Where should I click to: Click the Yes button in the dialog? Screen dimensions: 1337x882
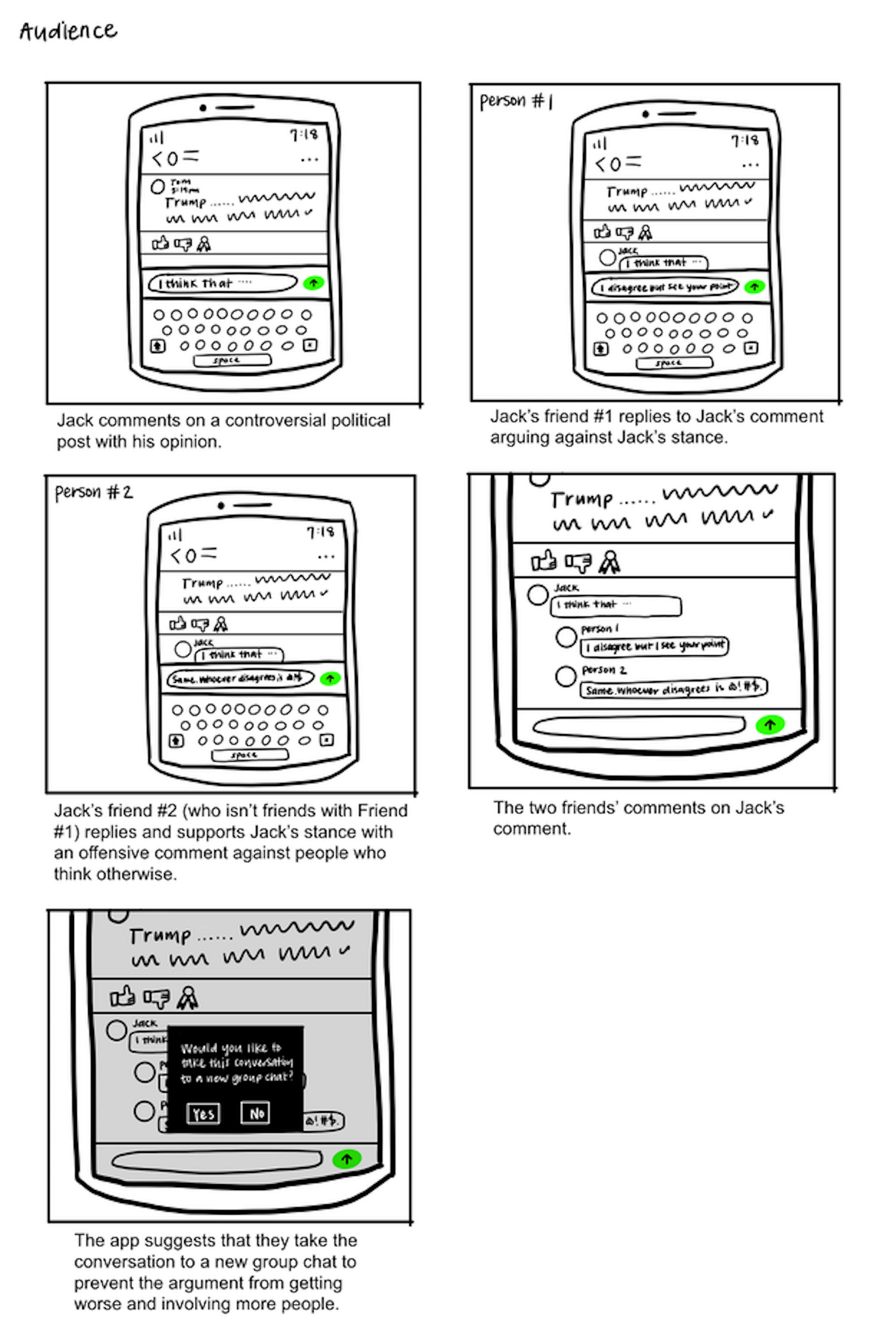coord(203,1113)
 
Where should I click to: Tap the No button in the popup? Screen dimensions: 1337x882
coord(256,1113)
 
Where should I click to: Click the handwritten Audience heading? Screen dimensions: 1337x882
coord(68,31)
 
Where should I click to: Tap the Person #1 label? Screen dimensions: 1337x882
coord(516,101)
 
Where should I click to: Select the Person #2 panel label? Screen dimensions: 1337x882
coord(94,493)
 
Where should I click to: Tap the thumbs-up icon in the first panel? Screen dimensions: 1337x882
coord(160,243)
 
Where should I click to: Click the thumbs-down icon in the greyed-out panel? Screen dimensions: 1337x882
coord(156,998)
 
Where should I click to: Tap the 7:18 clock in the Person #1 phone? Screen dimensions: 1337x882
coord(745,140)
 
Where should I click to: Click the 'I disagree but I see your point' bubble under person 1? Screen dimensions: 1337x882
coord(654,646)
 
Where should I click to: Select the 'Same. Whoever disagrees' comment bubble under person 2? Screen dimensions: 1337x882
coord(673,689)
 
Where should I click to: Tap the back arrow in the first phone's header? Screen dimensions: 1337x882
coord(157,160)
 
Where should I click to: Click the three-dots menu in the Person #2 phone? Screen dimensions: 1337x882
coord(326,557)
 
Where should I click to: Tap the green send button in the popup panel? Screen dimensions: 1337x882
coord(346,1158)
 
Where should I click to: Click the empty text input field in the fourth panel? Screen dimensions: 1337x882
coord(638,725)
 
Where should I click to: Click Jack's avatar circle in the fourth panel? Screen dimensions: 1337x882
coord(538,595)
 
